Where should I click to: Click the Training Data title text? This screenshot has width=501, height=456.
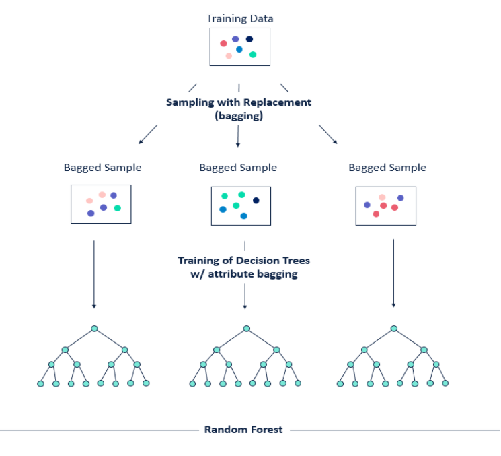click(x=239, y=18)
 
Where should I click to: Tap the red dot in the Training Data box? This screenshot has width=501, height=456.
click(x=223, y=44)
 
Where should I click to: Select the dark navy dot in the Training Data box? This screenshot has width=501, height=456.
click(x=249, y=39)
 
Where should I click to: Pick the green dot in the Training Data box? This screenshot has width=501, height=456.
click(x=253, y=55)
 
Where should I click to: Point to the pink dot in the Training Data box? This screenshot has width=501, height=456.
click(x=229, y=56)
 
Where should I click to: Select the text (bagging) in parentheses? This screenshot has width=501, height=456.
click(x=239, y=116)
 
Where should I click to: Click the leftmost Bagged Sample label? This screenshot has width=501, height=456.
click(x=103, y=168)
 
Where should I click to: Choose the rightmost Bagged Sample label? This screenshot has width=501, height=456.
click(x=387, y=168)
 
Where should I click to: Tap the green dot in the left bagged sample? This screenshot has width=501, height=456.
click(x=118, y=208)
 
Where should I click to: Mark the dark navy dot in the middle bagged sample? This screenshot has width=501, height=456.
click(x=256, y=200)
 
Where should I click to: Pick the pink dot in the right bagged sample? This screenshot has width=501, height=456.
click(x=382, y=197)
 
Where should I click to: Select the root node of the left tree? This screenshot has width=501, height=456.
click(x=95, y=329)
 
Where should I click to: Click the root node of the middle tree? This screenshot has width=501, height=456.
click(x=247, y=329)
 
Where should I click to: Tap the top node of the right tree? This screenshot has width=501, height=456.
click(x=393, y=329)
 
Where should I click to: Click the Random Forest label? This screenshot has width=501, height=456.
click(x=243, y=429)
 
